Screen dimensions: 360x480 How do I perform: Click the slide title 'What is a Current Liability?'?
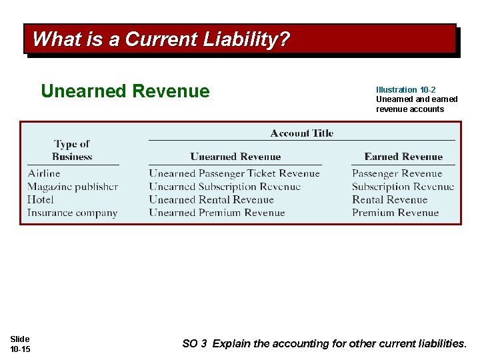tap(161, 39)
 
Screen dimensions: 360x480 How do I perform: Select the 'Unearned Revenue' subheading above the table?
tap(125, 91)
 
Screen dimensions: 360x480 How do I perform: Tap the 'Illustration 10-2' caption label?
tap(406, 89)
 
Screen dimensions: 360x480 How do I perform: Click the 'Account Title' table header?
tap(301, 133)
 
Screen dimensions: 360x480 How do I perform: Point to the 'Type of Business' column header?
tap(72, 150)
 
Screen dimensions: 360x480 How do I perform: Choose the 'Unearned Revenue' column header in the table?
tap(235, 157)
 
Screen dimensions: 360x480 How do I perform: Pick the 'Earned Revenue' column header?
tap(403, 157)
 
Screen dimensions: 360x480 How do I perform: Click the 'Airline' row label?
tap(44, 173)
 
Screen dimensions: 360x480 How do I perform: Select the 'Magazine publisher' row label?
tap(73, 187)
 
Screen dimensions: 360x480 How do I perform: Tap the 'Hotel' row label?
tap(41, 199)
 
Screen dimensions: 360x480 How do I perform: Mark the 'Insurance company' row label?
tap(72, 213)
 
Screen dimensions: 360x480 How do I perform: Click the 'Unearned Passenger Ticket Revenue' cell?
tap(234, 173)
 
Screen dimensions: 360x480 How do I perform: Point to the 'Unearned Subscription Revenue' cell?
tap(225, 187)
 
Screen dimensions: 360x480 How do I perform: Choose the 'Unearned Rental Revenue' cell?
tap(211, 199)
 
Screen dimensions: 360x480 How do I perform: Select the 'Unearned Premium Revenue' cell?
tap(217, 213)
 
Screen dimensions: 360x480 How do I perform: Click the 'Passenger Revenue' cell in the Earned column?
tap(397, 173)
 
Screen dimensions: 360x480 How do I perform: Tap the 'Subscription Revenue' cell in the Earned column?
tap(403, 187)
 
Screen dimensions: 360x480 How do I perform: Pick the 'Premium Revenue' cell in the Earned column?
tap(395, 213)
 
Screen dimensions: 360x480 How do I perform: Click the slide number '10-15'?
tap(20, 349)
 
